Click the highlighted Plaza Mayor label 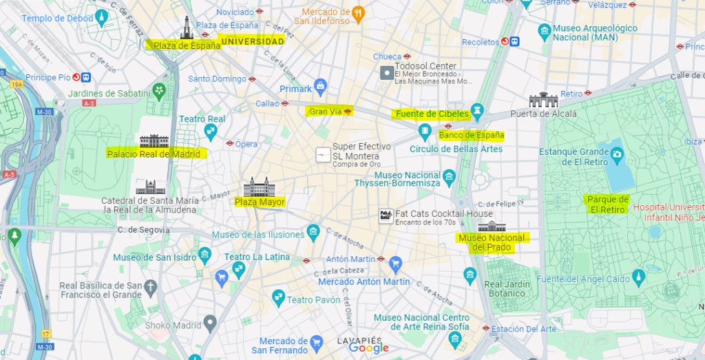(260, 202)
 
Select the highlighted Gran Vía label (326, 111)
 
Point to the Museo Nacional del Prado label (492, 242)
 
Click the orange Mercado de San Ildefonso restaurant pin (358, 12)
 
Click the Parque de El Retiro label (607, 204)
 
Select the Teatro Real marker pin (211, 131)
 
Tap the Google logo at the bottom (369, 348)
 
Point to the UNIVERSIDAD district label (251, 41)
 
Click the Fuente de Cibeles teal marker (477, 112)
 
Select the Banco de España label (472, 135)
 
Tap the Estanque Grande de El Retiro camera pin (616, 152)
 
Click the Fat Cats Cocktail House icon (386, 215)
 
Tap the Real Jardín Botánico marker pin (470, 275)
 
